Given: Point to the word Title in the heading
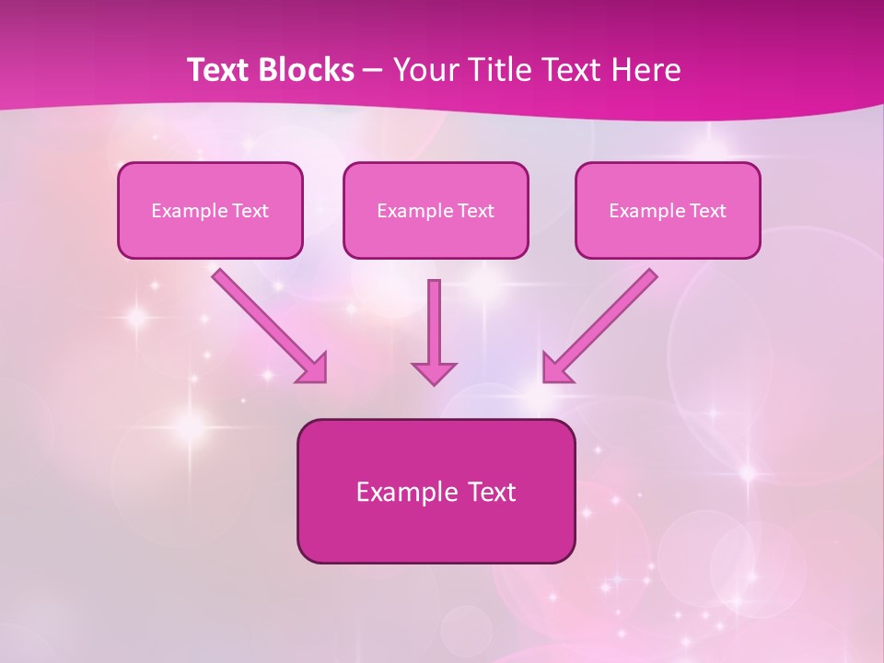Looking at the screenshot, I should coord(497,70).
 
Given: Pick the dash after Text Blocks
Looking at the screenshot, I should coord(373,70).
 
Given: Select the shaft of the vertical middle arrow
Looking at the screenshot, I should coord(434,318).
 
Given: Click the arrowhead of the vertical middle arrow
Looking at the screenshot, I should coord(434,372).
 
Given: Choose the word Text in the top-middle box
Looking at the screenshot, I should coord(475,211).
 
